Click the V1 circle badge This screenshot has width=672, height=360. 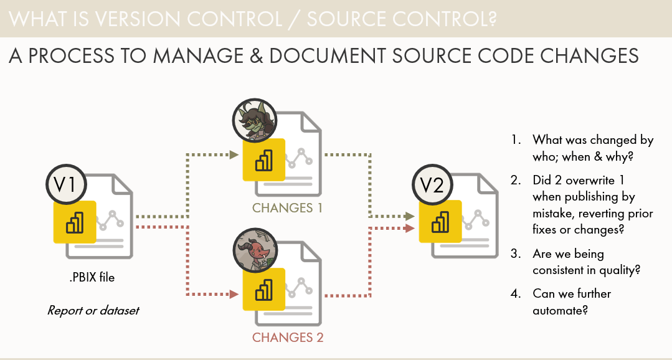click(x=65, y=185)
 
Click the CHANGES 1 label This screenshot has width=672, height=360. click(x=287, y=207)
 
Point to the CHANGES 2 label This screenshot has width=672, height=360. click(x=288, y=338)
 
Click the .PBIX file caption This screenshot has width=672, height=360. click(x=92, y=277)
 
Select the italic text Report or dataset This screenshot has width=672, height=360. click(x=93, y=310)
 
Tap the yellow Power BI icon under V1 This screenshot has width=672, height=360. click(x=75, y=222)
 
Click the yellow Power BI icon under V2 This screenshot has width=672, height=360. click(x=440, y=222)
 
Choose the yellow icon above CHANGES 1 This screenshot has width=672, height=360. click(x=264, y=159)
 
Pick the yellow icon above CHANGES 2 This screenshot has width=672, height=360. click(x=263, y=289)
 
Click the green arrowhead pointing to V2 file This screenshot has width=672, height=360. click(x=410, y=216)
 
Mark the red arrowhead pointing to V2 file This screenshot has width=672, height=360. click(x=410, y=228)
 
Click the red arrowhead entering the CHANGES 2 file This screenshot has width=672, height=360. click(x=235, y=294)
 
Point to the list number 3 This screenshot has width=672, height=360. click(x=515, y=254)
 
